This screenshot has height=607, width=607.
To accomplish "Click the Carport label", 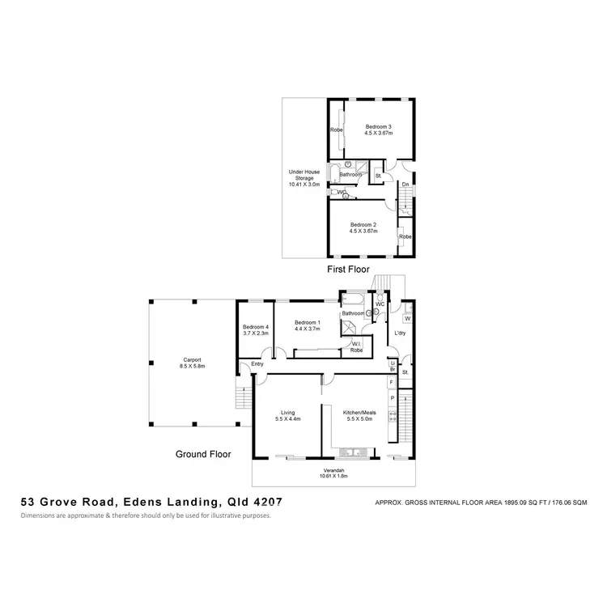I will (192, 363).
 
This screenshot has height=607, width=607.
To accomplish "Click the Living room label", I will (289, 414).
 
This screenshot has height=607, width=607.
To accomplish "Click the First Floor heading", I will (348, 269).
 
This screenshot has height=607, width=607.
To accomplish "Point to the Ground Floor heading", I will (203, 454).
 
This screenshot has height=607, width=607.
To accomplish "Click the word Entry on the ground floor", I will (257, 364).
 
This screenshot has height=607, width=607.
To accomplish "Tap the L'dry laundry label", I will (400, 333).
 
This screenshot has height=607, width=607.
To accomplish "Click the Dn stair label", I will (405, 185).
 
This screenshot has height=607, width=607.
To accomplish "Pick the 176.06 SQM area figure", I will (563, 502).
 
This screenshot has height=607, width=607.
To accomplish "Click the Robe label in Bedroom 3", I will (336, 129).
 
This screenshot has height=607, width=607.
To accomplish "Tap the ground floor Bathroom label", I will (353, 313).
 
